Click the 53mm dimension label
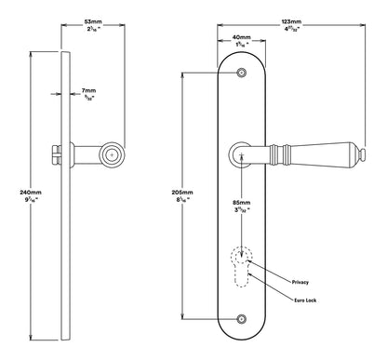(x=93, y=19)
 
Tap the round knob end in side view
(x=113, y=153)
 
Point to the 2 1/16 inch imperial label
(x=93, y=29)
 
